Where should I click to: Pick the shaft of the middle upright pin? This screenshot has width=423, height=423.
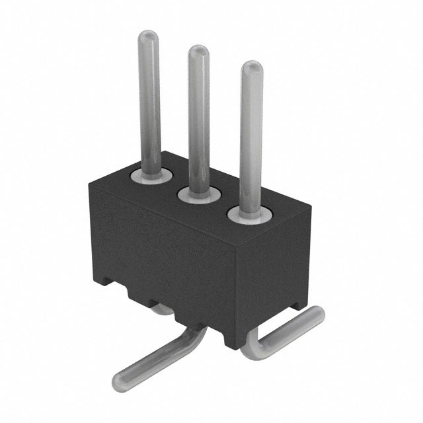pos(198,119)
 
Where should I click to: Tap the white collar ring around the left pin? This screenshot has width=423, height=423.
pos(151,176)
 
